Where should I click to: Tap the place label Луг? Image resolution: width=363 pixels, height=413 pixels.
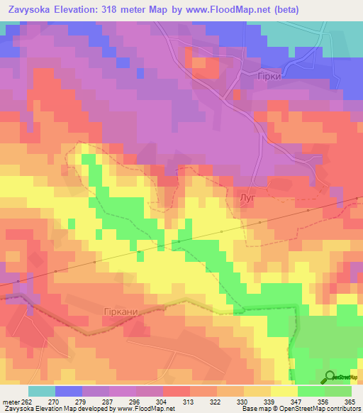click(247, 199)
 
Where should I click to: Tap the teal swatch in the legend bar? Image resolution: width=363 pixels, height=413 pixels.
click(42, 391)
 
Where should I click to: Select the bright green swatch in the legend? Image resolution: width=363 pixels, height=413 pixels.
click(311, 391)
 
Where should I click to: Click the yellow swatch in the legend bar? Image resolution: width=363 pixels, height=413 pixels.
click(284, 391)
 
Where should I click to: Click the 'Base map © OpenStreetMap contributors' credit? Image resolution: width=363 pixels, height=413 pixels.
click(300, 409)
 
